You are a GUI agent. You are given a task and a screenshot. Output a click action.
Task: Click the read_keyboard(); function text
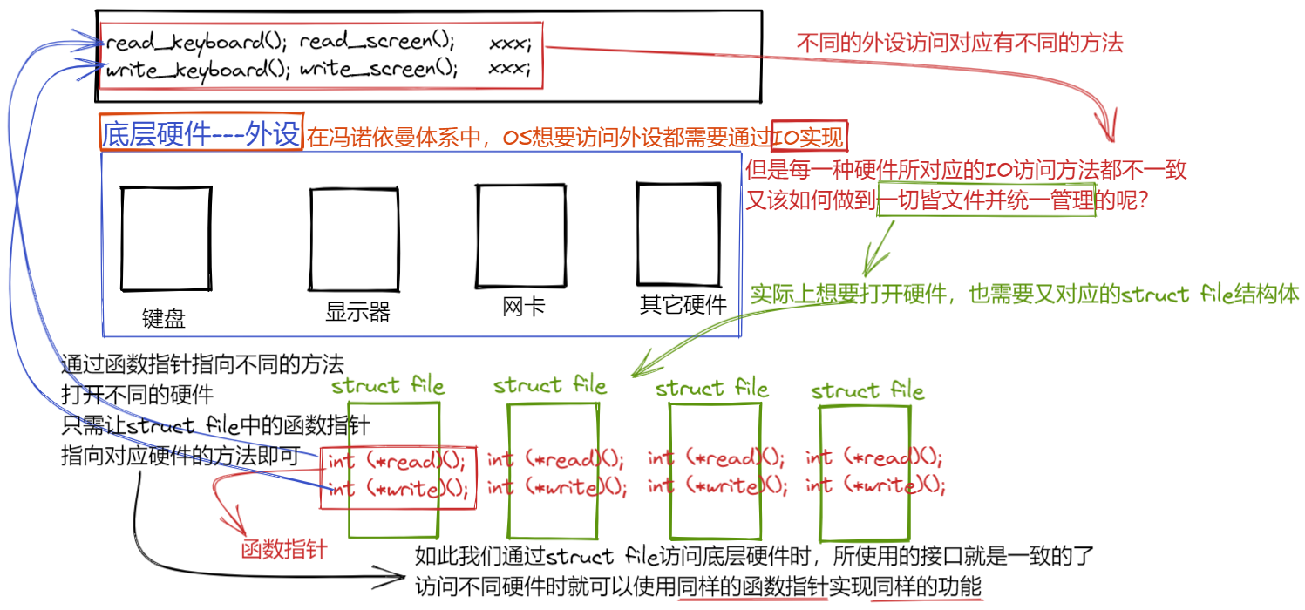(197, 41)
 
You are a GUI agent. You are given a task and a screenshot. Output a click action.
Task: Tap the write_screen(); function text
(378, 70)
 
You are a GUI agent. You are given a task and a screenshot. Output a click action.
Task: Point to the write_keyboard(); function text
(197, 70)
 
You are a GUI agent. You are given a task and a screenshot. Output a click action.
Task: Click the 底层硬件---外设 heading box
(201, 133)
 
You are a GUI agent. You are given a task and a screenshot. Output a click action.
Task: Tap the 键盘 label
(164, 318)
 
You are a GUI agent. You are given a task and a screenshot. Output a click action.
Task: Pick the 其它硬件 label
(683, 305)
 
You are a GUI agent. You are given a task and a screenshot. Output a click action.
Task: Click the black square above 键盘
(166, 237)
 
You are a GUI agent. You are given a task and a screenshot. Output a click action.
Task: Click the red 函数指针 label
(284, 549)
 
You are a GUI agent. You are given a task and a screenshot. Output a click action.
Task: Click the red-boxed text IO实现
(810, 137)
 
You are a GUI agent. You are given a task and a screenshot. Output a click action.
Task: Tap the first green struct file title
(388, 385)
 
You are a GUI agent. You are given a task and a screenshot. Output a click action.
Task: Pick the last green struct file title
(867, 390)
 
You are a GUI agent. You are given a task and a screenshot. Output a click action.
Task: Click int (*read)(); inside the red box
(398, 460)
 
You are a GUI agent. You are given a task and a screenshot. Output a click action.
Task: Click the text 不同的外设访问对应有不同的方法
(960, 42)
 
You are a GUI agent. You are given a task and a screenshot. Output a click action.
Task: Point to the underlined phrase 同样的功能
(926, 586)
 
